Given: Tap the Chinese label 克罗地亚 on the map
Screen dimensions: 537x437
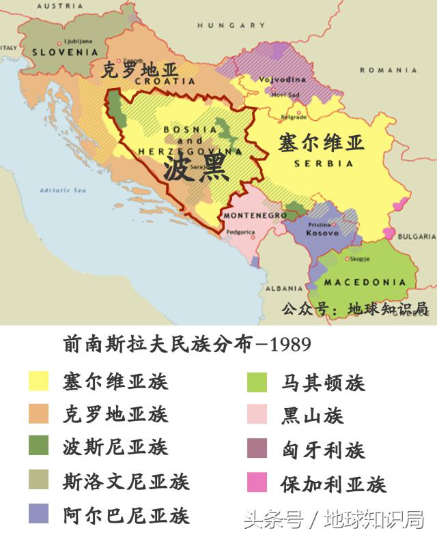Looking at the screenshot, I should click(x=139, y=70).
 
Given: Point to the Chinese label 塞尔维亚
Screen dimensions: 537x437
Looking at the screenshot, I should click(x=320, y=143).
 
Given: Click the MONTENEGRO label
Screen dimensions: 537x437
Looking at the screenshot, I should click(x=255, y=215).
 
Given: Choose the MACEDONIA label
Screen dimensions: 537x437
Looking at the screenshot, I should click(x=365, y=282).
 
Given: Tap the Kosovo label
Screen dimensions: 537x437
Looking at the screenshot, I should click(x=322, y=233).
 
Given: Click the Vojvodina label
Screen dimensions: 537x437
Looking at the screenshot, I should click(x=277, y=79).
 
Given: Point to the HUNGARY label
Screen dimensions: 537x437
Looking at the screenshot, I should click(x=231, y=25).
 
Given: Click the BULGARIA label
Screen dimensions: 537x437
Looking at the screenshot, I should click(x=417, y=237).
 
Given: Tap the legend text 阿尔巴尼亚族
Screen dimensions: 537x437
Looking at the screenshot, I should click(x=126, y=514).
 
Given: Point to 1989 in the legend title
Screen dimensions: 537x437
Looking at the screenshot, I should click(x=291, y=345).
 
